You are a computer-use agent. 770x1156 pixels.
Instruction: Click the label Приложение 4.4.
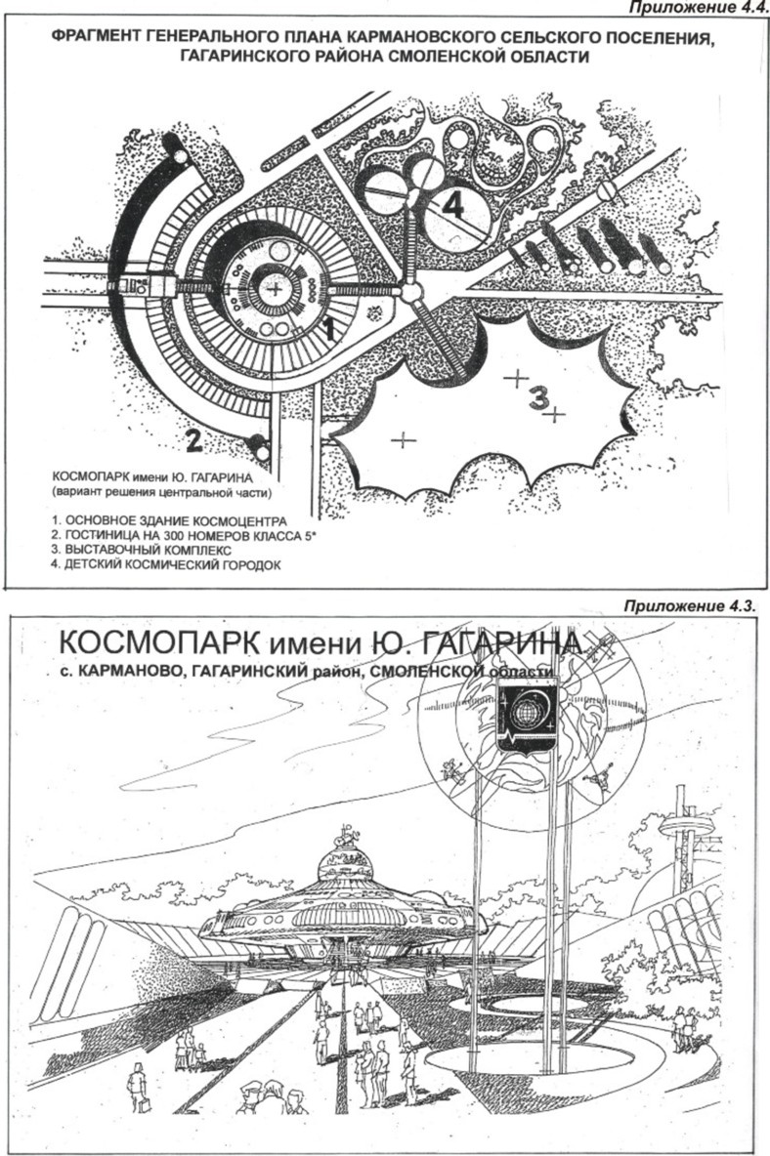697,9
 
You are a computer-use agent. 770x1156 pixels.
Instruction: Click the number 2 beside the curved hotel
193,441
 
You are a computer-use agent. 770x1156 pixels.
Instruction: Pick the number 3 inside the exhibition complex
537,396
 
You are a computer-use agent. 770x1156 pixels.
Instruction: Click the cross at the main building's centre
278,290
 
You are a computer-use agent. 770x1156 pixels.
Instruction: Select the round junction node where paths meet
411,291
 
